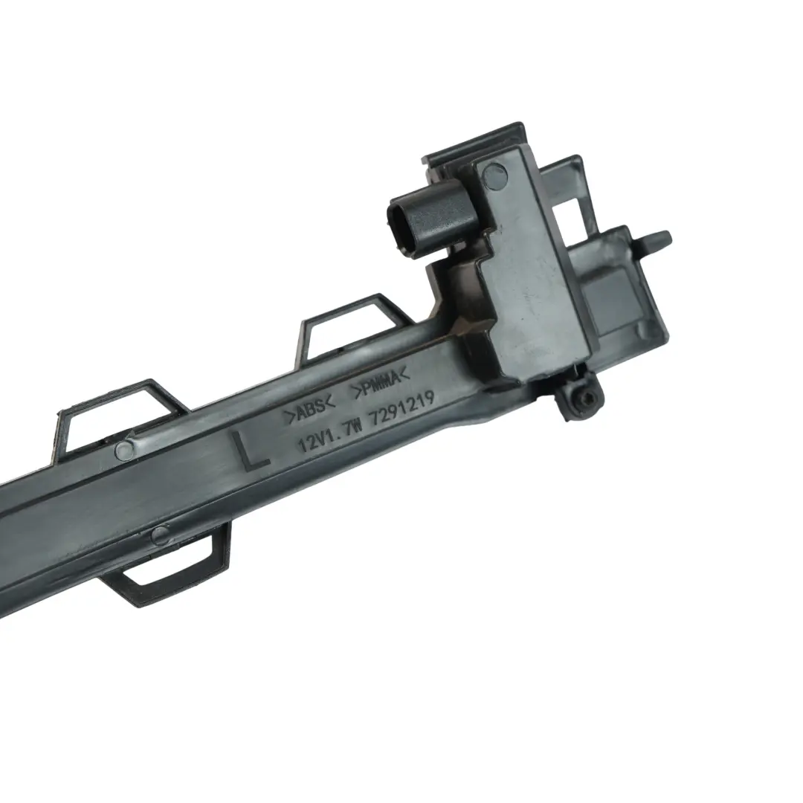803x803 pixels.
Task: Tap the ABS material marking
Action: (312, 410)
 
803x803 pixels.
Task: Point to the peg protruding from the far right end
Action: (654, 239)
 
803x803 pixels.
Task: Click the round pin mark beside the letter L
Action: (124, 449)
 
